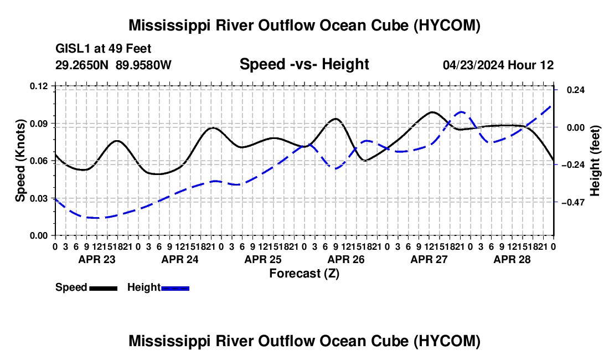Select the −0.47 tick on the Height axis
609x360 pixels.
pos(576,202)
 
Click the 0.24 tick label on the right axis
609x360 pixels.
pos(576,90)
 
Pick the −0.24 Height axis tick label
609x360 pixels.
pos(576,165)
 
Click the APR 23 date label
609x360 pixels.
pos(97,260)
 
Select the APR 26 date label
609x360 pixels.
pos(346,260)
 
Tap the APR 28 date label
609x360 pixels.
pos(512,260)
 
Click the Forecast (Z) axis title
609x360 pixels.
pos(304,274)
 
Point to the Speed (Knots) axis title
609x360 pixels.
pos(20,161)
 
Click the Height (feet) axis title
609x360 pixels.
pos(595,161)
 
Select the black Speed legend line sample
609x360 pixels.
pos(104,289)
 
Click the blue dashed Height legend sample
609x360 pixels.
pos(175,289)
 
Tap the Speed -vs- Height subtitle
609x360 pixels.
pos(304,64)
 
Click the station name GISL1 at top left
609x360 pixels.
pos(73,49)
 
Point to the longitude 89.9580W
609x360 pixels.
pos(143,65)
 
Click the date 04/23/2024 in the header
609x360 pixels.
pos(473,65)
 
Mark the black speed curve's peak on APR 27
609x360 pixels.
pos(432,112)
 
